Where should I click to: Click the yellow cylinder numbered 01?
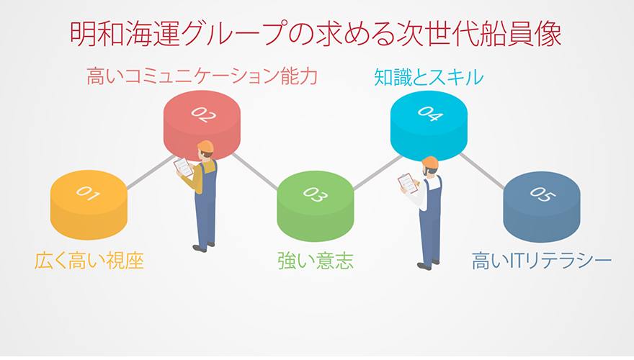89,205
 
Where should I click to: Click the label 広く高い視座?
89,261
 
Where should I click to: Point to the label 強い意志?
316,261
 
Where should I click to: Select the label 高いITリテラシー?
541,261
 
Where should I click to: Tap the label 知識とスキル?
428,77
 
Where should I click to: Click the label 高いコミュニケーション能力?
202,76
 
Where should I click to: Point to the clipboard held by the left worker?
184,167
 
